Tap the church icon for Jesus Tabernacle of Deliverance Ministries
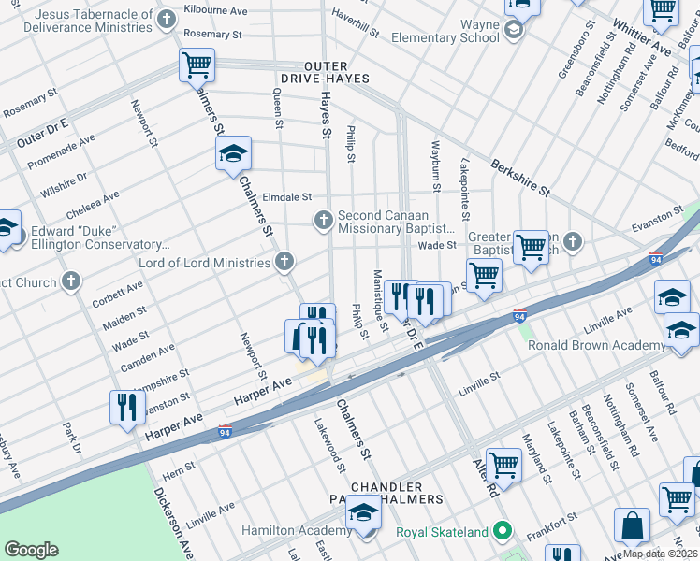click(167, 20)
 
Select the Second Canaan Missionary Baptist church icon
click(323, 221)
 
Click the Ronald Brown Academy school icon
click(680, 331)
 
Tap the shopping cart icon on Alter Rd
click(503, 464)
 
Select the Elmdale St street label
click(287, 197)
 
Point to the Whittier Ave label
click(642, 36)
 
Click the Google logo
click(32, 550)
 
